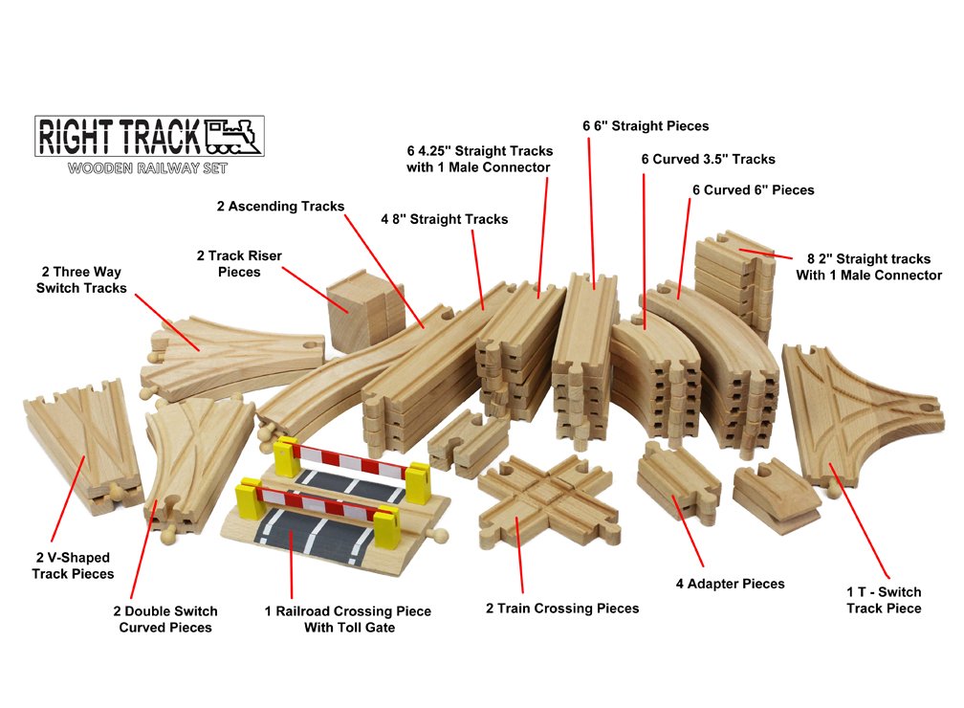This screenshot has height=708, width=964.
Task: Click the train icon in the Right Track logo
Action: tap(233, 137)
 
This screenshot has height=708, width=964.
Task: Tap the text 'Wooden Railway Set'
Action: tap(147, 169)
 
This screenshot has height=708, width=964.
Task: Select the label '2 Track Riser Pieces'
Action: tap(239, 264)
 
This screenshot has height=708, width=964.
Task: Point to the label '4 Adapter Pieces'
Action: tap(730, 584)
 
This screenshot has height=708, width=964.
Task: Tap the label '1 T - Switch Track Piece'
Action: tap(884, 600)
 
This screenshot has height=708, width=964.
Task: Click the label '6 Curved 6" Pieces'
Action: tap(754, 190)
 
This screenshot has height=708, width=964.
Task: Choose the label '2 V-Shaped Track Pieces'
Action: tap(73, 565)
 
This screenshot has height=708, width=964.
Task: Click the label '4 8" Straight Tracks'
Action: tap(444, 219)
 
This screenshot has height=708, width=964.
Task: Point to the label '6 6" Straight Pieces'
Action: tap(646, 126)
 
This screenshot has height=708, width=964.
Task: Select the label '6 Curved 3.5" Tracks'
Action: tap(708, 159)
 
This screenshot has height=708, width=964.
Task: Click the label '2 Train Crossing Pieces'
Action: tap(562, 608)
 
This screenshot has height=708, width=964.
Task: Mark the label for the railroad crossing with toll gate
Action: tap(348, 619)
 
